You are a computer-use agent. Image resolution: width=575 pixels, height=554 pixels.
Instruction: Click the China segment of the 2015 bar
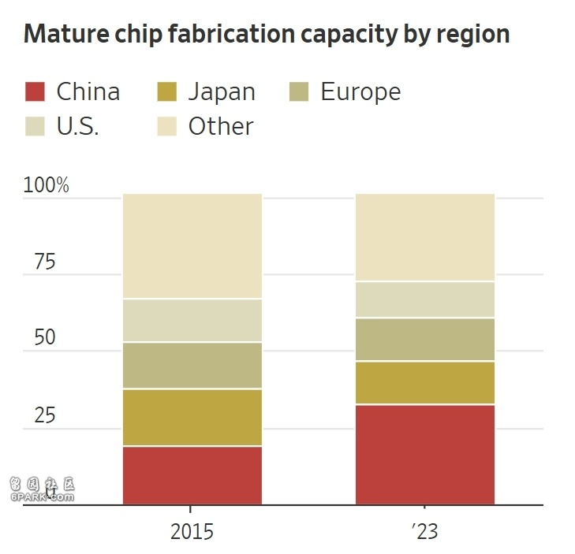(x=192, y=475)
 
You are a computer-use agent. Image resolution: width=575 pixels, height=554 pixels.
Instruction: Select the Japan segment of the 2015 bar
(x=192, y=418)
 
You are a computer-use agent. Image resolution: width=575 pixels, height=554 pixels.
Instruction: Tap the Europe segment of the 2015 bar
(x=192, y=366)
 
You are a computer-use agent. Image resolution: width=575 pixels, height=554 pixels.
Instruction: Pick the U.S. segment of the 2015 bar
(x=192, y=321)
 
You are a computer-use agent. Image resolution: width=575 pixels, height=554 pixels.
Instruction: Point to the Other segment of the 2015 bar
(x=192, y=246)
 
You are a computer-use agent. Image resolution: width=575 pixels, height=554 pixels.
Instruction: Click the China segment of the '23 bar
(x=425, y=454)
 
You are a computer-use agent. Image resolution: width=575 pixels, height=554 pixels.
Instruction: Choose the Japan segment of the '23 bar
(x=425, y=383)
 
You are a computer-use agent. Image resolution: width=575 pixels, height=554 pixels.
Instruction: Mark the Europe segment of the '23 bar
(x=425, y=340)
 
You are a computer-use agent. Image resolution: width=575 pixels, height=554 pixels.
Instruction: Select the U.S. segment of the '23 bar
(x=425, y=299)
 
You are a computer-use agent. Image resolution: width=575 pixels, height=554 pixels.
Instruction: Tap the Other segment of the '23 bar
(x=425, y=237)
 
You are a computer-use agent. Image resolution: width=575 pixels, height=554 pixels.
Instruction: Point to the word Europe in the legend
(x=360, y=92)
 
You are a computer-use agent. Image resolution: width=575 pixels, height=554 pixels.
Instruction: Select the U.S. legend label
(x=78, y=127)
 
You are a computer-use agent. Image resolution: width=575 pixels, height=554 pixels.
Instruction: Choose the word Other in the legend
(x=221, y=127)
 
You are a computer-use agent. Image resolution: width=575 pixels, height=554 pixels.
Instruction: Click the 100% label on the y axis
(x=47, y=186)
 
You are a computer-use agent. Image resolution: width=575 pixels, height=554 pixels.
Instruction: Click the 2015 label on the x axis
(x=192, y=531)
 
